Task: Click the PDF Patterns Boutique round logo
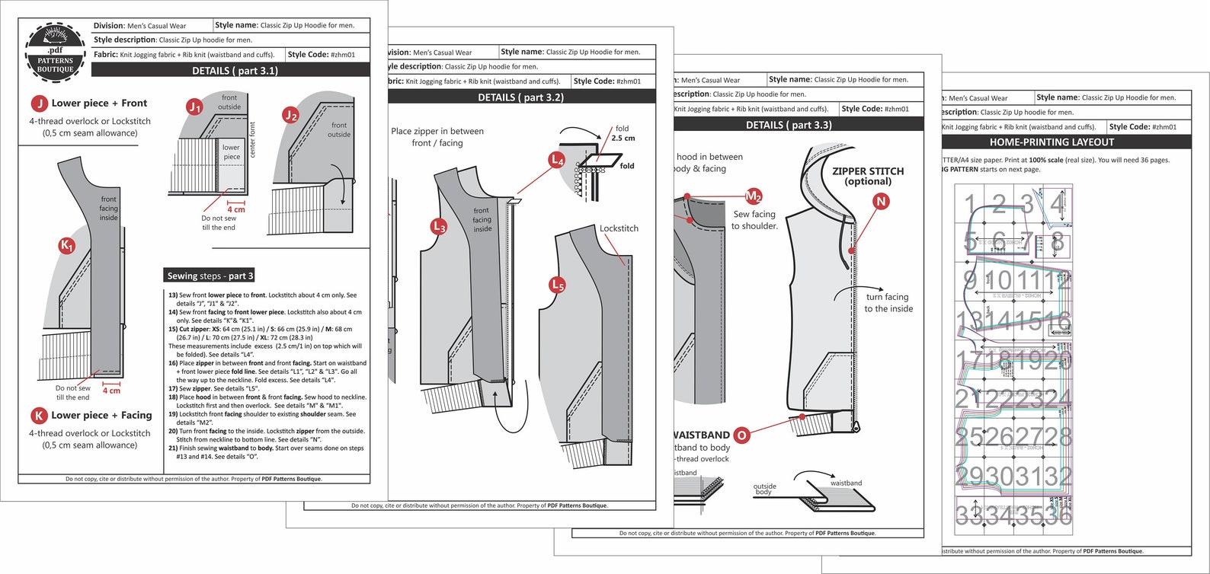coord(55,53)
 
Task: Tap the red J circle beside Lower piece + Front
coord(39,104)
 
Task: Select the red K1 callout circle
coord(67,246)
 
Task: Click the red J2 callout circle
coord(290,115)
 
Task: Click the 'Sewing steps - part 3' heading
coord(210,276)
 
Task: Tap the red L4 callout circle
coord(557,160)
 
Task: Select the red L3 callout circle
coord(439,226)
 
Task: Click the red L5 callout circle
coord(558,285)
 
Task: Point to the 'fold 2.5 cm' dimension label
coord(623,133)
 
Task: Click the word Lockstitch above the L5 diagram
coord(619,228)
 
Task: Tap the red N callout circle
coord(881,202)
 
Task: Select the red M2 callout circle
coord(754,196)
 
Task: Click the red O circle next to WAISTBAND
coord(741,435)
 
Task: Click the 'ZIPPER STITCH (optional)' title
coord(868,176)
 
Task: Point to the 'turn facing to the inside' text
coord(888,303)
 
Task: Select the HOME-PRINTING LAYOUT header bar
coord(1052,142)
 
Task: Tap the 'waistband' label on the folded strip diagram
coord(846,483)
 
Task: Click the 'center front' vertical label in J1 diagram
coord(253,140)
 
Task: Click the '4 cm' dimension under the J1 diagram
coord(236,209)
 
